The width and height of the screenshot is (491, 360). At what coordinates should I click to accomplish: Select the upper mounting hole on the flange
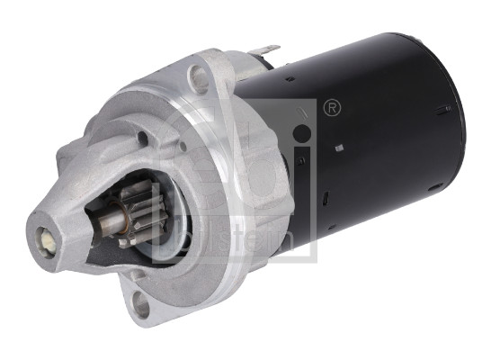click(200, 77)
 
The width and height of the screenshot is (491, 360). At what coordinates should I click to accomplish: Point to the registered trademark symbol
click(331, 109)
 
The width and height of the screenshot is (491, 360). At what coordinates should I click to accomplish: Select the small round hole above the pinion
click(141, 138)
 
